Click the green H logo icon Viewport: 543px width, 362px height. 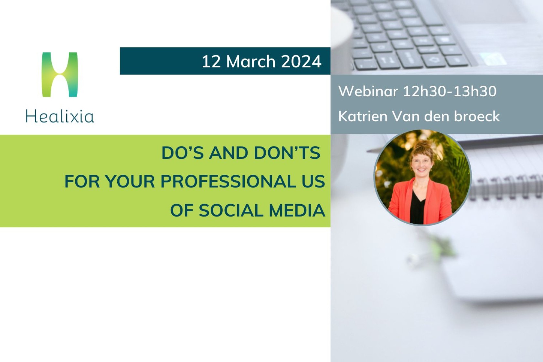coord(60,74)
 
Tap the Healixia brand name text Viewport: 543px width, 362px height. coord(60,117)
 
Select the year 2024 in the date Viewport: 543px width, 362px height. coord(301,61)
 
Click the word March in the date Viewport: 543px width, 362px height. coord(251,61)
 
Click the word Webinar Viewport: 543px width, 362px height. coord(368,91)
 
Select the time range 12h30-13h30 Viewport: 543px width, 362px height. coord(450,91)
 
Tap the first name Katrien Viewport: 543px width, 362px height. coord(363,116)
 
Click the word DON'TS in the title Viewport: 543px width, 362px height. coord(287,153)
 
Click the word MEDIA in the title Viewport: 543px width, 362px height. coord(297,210)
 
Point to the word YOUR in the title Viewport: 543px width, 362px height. coord(130,181)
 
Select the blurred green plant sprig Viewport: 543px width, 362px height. coord(434,250)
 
